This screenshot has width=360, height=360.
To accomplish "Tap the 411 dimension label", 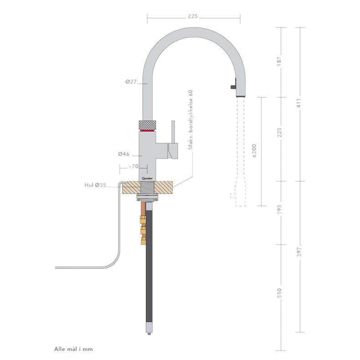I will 299,103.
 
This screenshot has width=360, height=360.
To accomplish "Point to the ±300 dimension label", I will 254,151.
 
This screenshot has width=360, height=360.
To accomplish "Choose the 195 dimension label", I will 280,210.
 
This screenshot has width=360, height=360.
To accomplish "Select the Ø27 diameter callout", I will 131,82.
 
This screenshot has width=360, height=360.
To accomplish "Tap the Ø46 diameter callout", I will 124,154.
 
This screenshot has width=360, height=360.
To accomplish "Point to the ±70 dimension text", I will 133,166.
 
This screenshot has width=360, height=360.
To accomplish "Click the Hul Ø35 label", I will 95,185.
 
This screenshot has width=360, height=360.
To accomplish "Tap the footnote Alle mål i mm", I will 73,349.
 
